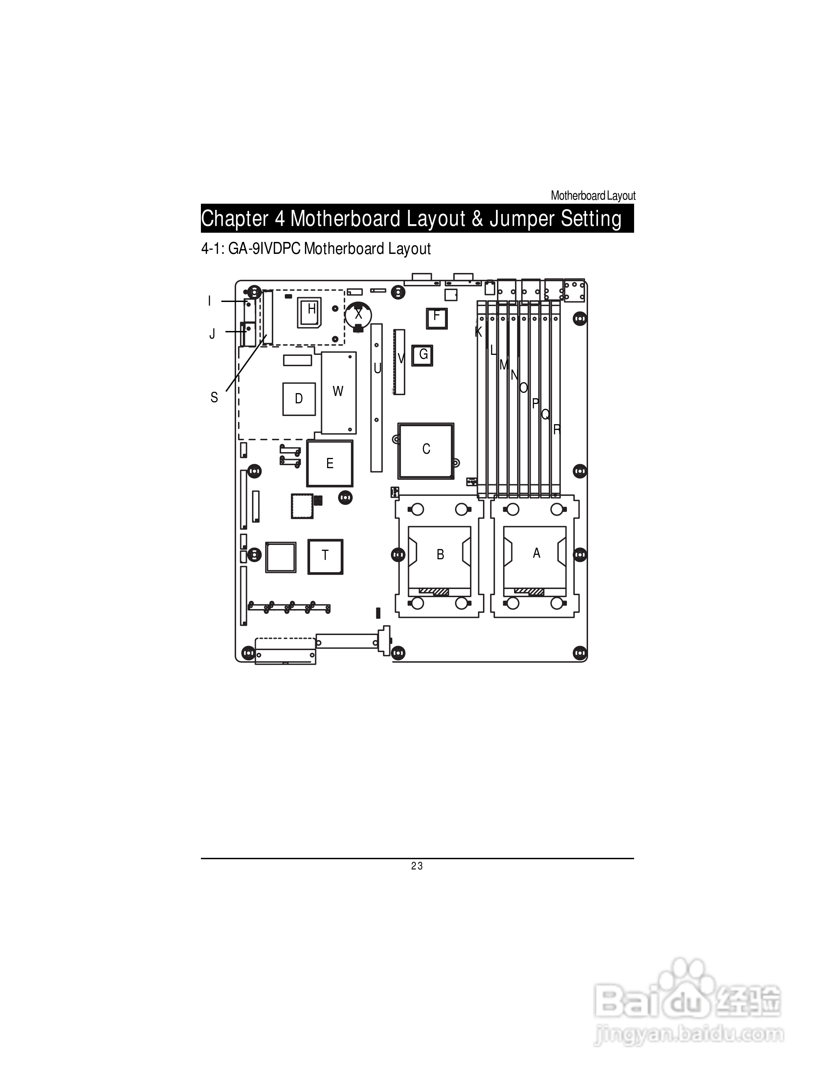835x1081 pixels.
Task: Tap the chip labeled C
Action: tap(426, 450)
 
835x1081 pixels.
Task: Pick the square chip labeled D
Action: tap(299, 399)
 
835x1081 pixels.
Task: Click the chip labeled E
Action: tap(329, 464)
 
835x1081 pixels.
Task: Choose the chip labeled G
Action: tap(423, 355)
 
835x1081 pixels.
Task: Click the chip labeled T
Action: tap(325, 556)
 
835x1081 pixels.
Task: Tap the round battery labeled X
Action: tap(358, 314)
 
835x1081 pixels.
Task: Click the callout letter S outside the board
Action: tap(214, 398)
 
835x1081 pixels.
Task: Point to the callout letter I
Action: tap(210, 301)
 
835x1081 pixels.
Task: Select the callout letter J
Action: tap(212, 334)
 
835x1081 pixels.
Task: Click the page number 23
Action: tap(417, 866)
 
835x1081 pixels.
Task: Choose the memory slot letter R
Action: tap(557, 430)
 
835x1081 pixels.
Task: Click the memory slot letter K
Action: tap(478, 332)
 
